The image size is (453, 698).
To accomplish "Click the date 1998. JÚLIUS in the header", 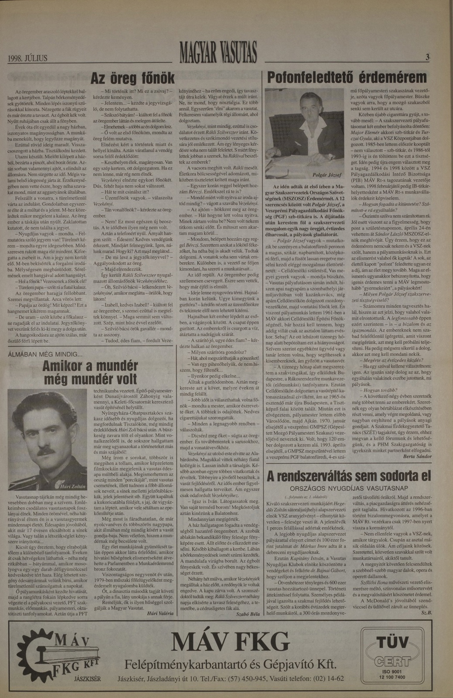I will [28, 57].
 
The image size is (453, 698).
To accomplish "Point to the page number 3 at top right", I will [427, 57].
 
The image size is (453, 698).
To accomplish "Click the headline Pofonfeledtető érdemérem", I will [347, 78].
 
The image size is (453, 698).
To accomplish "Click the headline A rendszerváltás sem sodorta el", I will [349, 476].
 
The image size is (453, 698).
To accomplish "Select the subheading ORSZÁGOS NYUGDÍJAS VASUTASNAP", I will [349, 488].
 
